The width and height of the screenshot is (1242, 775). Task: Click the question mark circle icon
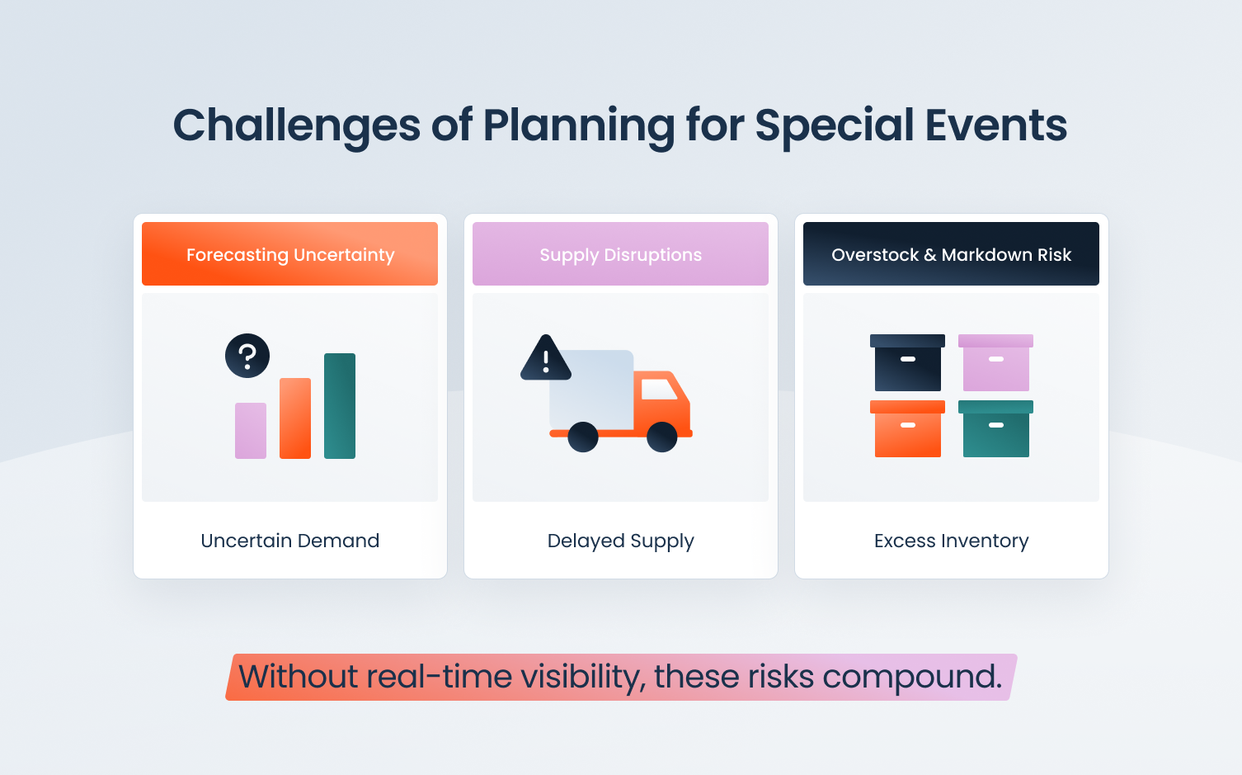[247, 356]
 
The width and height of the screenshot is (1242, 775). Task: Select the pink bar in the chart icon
[251, 431]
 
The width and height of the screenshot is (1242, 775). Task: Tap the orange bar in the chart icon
[295, 418]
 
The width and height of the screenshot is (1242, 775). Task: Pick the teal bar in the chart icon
[340, 406]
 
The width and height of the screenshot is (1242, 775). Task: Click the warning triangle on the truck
[545, 360]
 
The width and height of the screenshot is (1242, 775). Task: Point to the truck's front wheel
[661, 437]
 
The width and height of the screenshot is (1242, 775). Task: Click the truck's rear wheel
[583, 437]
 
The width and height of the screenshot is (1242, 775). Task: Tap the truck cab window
[659, 389]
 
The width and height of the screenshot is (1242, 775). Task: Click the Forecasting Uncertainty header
[290, 254]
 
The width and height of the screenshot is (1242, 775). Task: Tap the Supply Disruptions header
[620, 254]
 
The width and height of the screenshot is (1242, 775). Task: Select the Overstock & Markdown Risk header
[951, 254]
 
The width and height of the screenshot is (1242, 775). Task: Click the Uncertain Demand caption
[290, 541]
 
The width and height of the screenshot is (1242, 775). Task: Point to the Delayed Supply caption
[620, 541]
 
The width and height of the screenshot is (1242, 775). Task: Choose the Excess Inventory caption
[951, 541]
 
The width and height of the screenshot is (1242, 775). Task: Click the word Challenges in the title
[297, 125]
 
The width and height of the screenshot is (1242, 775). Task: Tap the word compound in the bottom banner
[911, 678]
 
